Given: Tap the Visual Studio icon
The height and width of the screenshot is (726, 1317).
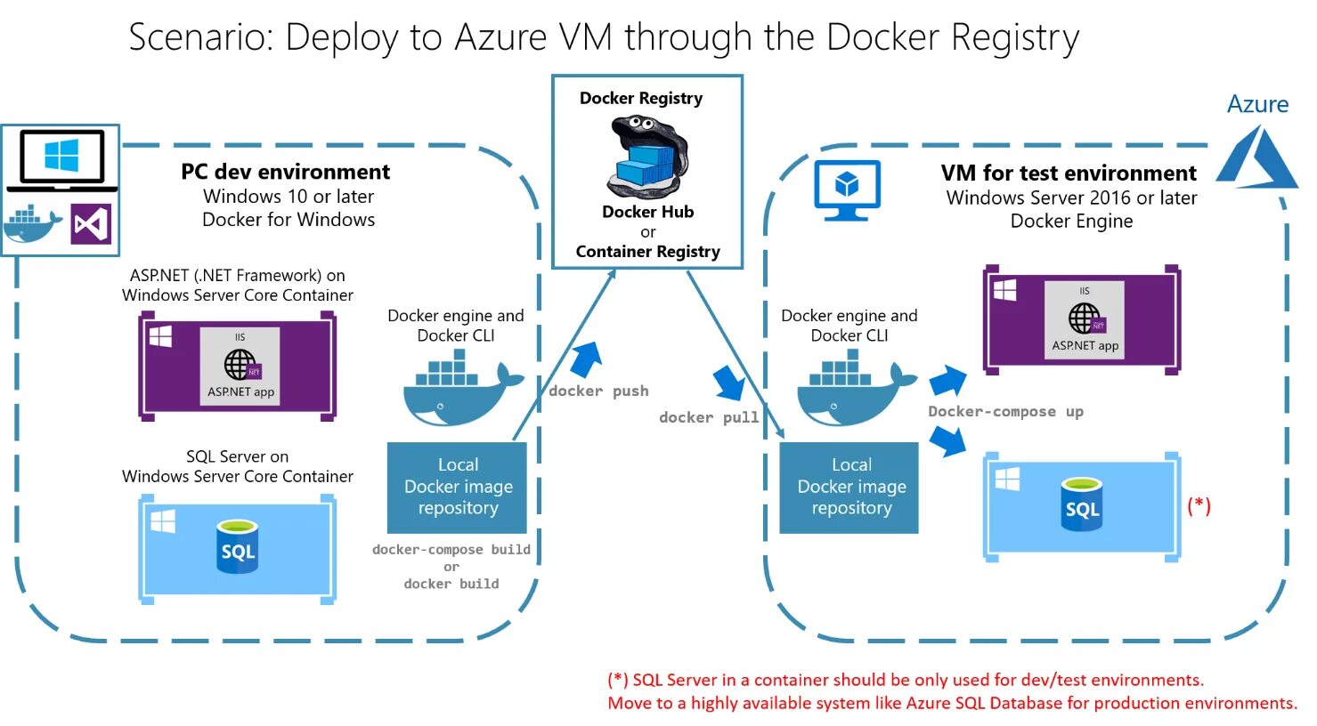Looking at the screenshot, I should pyautogui.click(x=91, y=224).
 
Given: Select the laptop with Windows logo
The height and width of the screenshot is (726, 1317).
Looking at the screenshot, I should pyautogui.click(x=61, y=160).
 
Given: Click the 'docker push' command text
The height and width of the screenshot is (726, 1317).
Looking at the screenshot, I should pyautogui.click(x=598, y=391).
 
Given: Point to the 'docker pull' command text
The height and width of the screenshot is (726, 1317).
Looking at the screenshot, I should pyautogui.click(x=709, y=418).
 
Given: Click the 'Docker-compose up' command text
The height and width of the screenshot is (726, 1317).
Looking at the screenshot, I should pyautogui.click(x=1005, y=412).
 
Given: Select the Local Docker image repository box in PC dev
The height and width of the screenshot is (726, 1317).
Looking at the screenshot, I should pyautogui.click(x=458, y=487).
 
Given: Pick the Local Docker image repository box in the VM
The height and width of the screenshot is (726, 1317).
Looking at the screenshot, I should pyautogui.click(x=850, y=487).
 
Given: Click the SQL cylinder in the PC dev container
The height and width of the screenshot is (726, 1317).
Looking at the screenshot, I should pyautogui.click(x=238, y=546).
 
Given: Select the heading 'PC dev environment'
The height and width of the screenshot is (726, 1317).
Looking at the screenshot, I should pyautogui.click(x=285, y=172).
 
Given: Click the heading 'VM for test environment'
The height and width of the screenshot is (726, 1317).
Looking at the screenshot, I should pyautogui.click(x=1069, y=173).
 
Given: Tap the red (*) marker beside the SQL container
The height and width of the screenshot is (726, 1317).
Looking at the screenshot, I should pyautogui.click(x=1199, y=505).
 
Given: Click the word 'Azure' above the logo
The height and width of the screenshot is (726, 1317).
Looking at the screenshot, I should pyautogui.click(x=1257, y=104).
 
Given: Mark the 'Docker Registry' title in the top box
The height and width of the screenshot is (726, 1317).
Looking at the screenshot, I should pyautogui.click(x=641, y=98).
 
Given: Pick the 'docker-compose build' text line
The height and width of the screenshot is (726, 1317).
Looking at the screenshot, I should pyautogui.click(x=451, y=550).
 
